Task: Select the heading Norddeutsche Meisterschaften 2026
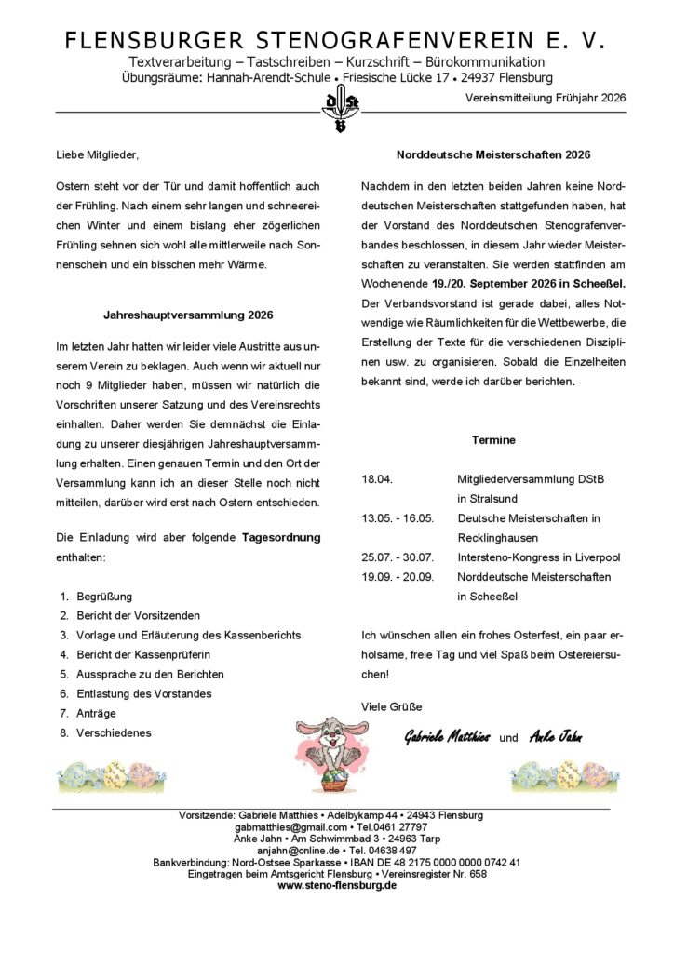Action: tap(492, 154)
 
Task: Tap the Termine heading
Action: tap(492, 439)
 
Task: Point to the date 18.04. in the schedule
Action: tap(377, 479)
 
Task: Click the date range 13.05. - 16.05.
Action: tap(398, 518)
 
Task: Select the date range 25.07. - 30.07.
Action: tap(398, 557)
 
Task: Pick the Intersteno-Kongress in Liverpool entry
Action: tap(538, 557)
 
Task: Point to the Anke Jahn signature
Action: tap(555, 737)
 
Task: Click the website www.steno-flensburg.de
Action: tap(337, 885)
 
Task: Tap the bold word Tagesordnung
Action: tap(281, 537)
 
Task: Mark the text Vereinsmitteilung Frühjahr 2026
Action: tap(546, 97)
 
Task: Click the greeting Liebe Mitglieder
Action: tap(102, 154)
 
